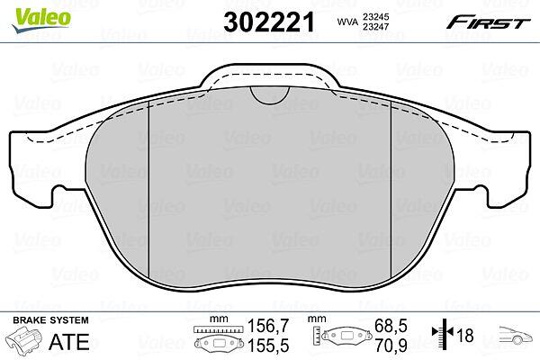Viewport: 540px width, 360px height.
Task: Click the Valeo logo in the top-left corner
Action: [x=40, y=20]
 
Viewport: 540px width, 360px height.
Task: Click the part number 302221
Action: [x=269, y=22]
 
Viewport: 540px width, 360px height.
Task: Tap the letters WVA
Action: [x=347, y=22]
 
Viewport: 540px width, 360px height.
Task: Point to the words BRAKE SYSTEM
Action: [x=50, y=320]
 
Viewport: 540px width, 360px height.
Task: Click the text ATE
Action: [x=69, y=342]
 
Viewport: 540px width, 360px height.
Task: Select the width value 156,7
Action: [x=268, y=326]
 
